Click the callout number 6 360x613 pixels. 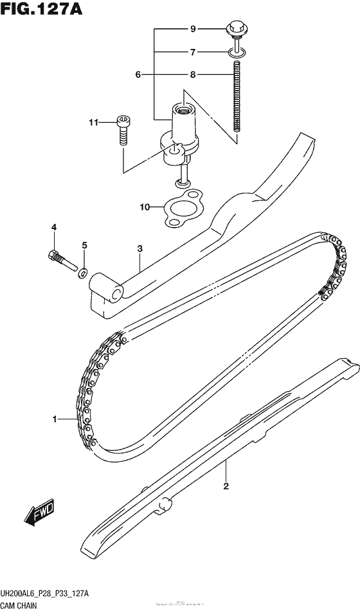138,75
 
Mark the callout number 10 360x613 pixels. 145,207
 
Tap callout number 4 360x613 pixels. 55,227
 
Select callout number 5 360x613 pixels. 84,246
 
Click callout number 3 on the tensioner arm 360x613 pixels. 139,248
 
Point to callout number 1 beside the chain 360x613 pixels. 56,419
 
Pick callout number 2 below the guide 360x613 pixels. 226,486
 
